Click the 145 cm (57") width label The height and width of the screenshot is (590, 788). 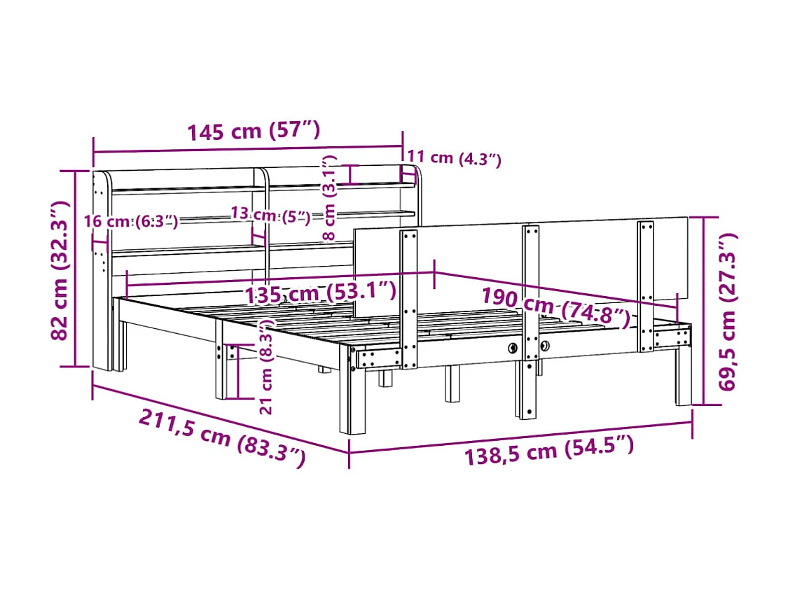point(254,131)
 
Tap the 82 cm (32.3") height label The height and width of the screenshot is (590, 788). point(60,269)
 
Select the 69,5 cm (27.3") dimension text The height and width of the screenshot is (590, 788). point(727,311)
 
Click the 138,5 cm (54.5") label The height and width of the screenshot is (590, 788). point(548,451)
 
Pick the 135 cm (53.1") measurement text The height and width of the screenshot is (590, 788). point(320,293)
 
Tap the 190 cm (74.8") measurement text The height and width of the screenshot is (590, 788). point(556,307)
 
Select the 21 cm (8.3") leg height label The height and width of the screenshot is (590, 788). point(266,367)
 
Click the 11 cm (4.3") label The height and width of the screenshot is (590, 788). point(454,157)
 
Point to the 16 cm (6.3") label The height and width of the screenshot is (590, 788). point(131,221)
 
